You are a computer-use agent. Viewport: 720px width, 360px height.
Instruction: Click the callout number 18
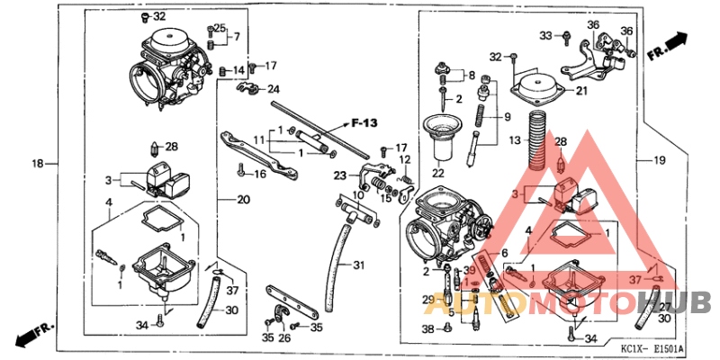38,164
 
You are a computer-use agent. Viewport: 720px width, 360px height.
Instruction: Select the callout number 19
659,160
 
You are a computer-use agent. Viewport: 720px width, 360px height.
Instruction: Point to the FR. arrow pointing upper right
667,47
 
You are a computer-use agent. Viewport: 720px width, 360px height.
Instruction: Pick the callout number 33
546,35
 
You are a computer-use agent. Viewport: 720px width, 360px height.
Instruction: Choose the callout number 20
243,199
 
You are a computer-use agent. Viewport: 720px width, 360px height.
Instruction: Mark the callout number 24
273,88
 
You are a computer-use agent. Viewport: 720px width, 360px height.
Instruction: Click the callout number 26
284,338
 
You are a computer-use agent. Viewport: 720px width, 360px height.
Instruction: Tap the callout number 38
427,329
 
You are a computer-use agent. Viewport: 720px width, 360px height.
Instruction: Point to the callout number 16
262,174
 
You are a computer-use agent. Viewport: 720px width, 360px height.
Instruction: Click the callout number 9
506,117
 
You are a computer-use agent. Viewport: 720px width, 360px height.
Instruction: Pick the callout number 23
339,175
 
